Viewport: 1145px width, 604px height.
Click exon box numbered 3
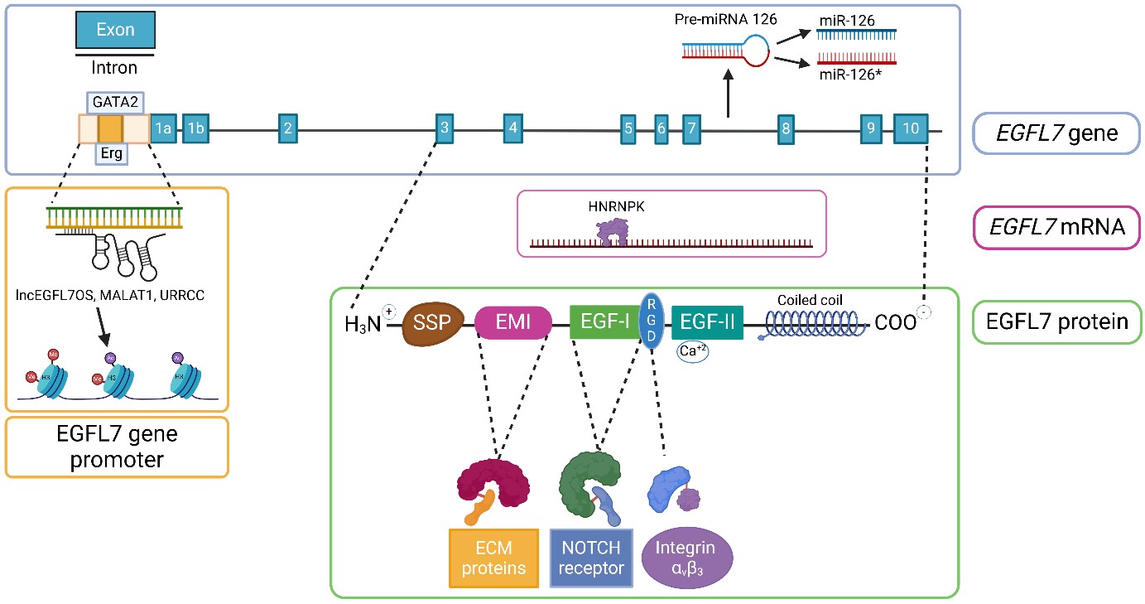pos(445,128)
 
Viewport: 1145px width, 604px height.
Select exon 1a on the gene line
pos(163,128)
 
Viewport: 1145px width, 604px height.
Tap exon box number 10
pos(911,128)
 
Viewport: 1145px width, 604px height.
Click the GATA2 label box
pos(116,104)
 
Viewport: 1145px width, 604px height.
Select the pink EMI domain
pos(513,323)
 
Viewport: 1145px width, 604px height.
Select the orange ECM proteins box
pos(493,558)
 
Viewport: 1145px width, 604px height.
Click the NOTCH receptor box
pos(591,558)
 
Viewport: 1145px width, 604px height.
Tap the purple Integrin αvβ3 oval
pos(685,558)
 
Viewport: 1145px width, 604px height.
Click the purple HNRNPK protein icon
pos(614,232)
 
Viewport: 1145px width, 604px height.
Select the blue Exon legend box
pos(115,30)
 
